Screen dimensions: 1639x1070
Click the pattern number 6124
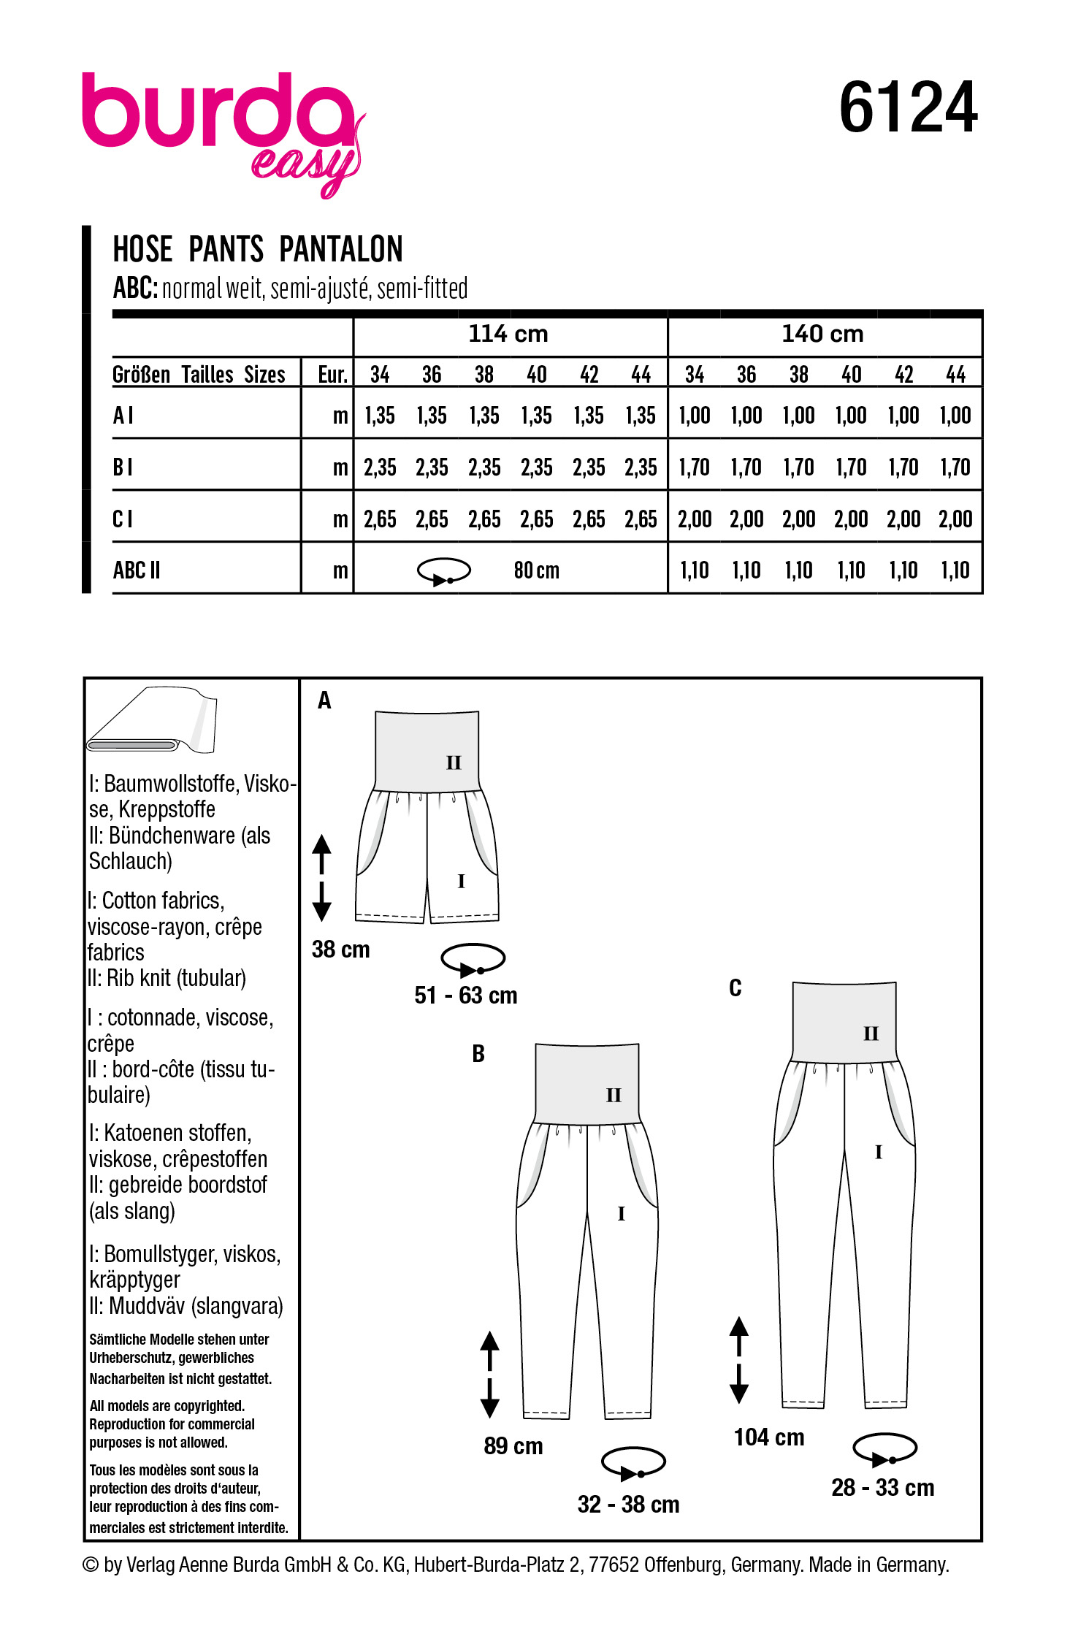tap(908, 108)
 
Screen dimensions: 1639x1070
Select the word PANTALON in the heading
tap(340, 249)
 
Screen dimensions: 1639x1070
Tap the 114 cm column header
tap(508, 335)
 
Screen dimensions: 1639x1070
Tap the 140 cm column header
tap(822, 335)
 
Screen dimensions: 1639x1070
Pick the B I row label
tap(123, 467)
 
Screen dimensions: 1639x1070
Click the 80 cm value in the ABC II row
tap(537, 570)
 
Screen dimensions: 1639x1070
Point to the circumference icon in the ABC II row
tap(444, 571)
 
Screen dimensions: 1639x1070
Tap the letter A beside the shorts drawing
tap(324, 701)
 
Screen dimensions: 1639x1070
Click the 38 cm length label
tap(340, 950)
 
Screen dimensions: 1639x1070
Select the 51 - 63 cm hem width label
tap(466, 996)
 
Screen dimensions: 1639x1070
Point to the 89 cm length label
tap(513, 1446)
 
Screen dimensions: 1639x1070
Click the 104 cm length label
tap(769, 1437)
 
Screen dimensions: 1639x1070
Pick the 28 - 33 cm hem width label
tap(883, 1487)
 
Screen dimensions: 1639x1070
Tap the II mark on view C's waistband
tap(871, 1034)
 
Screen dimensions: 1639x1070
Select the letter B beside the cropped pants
tap(478, 1054)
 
